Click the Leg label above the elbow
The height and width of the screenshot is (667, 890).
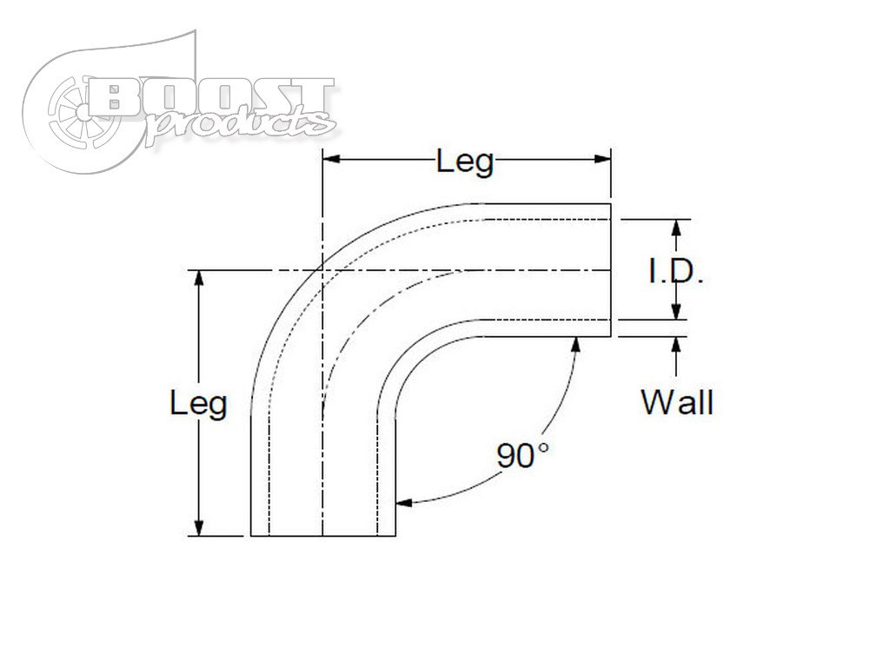465,162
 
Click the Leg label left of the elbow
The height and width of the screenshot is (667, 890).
198,403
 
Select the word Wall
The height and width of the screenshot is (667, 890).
677,402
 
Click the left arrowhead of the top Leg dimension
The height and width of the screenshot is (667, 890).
331,159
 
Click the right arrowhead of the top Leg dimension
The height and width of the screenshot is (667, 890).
602,159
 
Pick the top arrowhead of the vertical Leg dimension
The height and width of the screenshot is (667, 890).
199,278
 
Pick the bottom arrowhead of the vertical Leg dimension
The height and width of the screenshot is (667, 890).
199,528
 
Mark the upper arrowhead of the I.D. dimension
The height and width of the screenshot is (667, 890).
676,228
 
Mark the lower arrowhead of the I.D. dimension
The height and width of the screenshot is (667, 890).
676,313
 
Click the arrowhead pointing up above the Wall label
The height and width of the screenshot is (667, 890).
676,344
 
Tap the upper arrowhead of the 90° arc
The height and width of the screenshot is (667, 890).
575,344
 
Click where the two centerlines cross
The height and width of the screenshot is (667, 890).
322,270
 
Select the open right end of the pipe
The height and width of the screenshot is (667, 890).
611,270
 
